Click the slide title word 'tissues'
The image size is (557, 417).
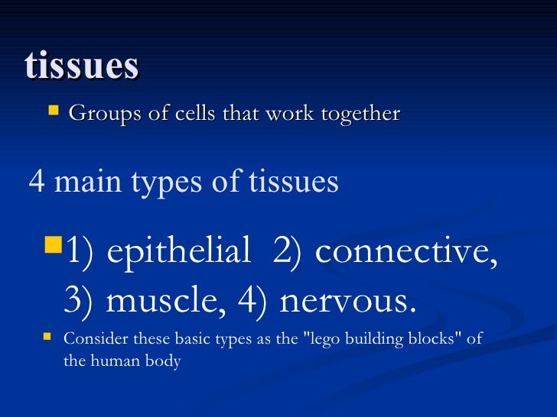pyautogui.click(x=81, y=66)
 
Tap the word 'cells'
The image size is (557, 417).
pyautogui.click(x=192, y=114)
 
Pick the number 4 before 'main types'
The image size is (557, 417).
pyautogui.click(x=36, y=182)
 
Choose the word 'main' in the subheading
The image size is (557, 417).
pyautogui.click(x=82, y=182)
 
